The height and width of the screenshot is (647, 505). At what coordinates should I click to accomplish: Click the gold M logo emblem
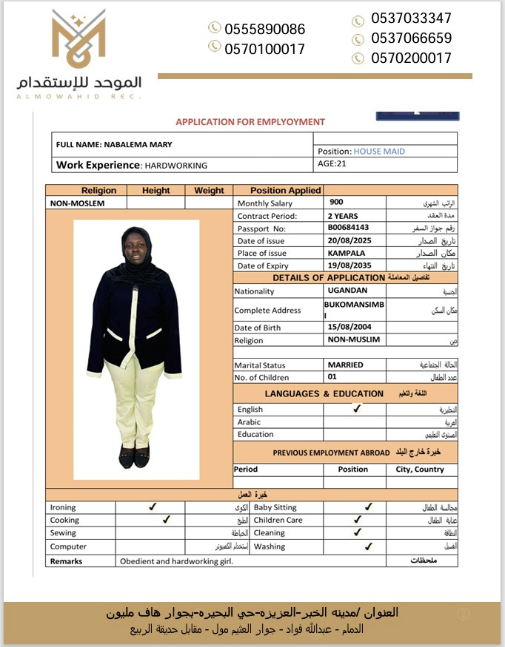(78, 39)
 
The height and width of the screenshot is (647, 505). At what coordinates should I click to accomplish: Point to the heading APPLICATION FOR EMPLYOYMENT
(250, 122)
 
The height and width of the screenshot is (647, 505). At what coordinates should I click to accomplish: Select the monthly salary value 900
(337, 202)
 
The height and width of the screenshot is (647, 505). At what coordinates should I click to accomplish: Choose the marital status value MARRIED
(345, 365)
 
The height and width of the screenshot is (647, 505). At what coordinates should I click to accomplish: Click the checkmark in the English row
(357, 408)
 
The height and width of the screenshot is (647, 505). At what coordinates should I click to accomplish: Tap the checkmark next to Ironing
(153, 507)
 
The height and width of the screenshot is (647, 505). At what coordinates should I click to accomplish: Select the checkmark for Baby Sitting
(368, 507)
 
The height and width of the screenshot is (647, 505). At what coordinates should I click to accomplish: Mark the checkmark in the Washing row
(368, 546)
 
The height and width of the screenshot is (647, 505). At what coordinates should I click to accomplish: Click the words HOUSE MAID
(379, 152)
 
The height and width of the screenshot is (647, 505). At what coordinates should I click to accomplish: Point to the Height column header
(155, 190)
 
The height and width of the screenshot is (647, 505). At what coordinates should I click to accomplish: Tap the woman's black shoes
(135, 458)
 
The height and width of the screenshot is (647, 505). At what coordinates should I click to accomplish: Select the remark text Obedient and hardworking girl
(176, 561)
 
